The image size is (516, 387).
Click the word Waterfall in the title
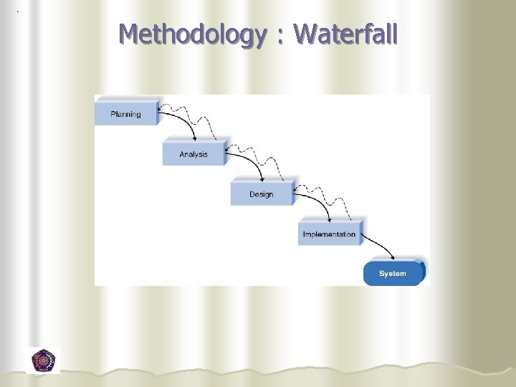coord(345,34)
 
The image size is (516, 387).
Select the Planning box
coord(126,113)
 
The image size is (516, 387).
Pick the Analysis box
coord(193,153)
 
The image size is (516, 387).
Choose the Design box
coord(262,193)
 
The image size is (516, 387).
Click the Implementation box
coord(330,234)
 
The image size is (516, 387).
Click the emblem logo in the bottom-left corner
coord(44,360)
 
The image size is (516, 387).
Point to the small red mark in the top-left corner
coord(18,11)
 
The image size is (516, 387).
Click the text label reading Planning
coord(126,114)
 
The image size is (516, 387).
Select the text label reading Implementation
coord(330,234)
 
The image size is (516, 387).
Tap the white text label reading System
coord(393,274)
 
